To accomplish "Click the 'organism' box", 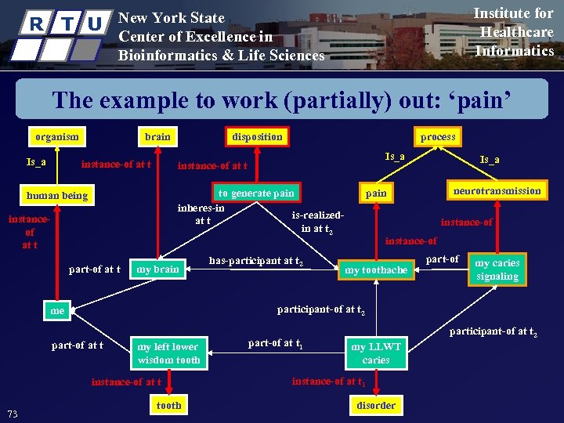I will [x=56, y=136].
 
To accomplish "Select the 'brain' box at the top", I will [x=157, y=136].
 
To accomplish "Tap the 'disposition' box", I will [x=257, y=136].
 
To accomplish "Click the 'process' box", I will [x=437, y=136].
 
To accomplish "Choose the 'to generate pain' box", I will [x=256, y=193].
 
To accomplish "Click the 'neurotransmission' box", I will [x=497, y=190].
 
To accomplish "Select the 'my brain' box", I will [x=157, y=269].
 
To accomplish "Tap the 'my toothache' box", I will [x=376, y=270].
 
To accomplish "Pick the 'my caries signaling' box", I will [x=497, y=269].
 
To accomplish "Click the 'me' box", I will [x=56, y=310].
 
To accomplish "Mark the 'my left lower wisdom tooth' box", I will [x=168, y=353].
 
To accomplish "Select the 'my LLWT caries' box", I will [x=376, y=353].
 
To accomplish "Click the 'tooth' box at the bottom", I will [x=168, y=405].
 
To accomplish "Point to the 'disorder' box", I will [x=376, y=405].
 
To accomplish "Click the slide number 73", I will [x=13, y=414].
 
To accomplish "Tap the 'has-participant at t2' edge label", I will [x=256, y=260].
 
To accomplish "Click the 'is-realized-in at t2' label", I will [x=317, y=222].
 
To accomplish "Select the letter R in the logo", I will [x=36, y=23].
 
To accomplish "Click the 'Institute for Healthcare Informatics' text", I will [x=515, y=32].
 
